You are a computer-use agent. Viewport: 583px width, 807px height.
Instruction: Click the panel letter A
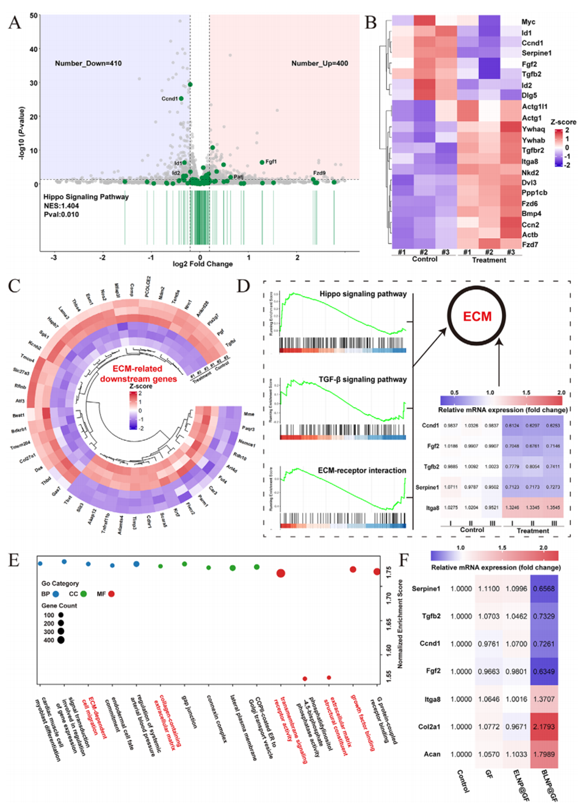coord(15,23)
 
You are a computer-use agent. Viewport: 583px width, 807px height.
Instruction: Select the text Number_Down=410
coord(88,63)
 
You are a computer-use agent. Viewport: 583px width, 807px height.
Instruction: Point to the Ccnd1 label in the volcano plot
coord(169,98)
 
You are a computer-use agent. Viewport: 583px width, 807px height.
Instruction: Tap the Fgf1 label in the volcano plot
coord(271,162)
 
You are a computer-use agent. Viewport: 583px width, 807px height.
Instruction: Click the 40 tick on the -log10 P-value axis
coord(34,49)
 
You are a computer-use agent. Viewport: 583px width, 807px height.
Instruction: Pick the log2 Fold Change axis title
coord(203,264)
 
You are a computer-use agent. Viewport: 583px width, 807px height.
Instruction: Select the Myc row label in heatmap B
coord(528,22)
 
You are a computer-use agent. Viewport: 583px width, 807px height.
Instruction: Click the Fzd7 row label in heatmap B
coord(529,245)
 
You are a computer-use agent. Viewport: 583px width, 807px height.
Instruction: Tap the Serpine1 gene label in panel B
coord(536,53)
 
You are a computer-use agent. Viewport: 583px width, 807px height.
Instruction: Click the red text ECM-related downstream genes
coord(138,374)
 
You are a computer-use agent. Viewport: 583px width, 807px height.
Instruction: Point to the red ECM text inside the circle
coord(477,316)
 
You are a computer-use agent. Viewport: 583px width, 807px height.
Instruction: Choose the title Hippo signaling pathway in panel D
coord(363,294)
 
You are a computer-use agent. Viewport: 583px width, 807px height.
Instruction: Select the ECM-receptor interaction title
coord(361,471)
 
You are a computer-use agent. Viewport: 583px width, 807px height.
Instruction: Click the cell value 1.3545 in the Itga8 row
coord(553,507)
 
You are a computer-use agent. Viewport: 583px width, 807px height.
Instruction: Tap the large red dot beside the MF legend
coord(111,594)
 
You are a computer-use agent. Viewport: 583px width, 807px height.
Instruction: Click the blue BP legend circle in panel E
coord(56,594)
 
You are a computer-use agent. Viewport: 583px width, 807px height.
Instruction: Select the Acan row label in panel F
coord(432,755)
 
